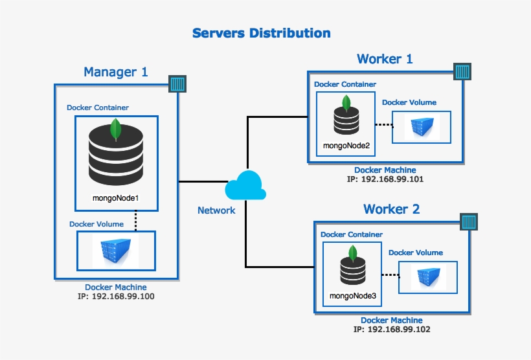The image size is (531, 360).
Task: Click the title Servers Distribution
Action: (261, 33)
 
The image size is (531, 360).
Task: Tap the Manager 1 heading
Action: (115, 72)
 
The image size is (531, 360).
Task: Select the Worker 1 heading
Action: (385, 59)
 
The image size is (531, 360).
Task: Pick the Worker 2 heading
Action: (391, 209)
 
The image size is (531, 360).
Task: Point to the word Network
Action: (216, 210)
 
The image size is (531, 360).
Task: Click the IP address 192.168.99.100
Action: (115, 297)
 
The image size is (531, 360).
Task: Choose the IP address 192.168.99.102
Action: (392, 329)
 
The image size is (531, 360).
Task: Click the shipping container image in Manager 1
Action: (115, 251)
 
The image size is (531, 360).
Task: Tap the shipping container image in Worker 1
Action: (422, 127)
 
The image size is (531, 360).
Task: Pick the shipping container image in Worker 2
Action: (427, 277)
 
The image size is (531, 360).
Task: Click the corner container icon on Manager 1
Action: (177, 84)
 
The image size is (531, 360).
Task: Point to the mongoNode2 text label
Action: (346, 146)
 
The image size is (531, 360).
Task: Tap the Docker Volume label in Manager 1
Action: (96, 224)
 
